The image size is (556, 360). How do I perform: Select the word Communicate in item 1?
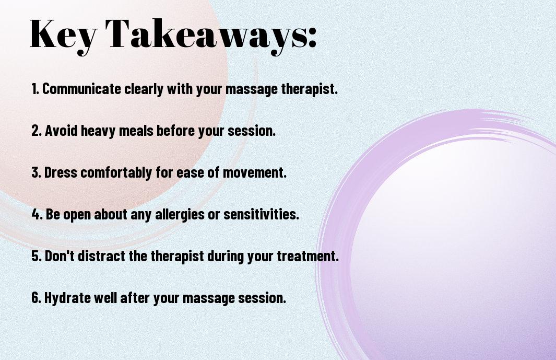point(81,89)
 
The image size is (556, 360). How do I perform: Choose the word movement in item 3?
point(254,172)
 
